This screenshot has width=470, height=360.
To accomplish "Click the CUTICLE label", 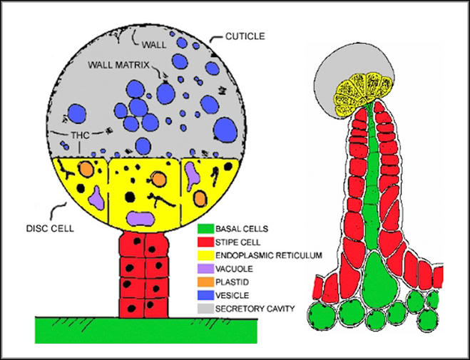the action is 245,36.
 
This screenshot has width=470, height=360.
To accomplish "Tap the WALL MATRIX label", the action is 118,65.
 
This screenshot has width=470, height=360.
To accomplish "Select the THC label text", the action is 80,135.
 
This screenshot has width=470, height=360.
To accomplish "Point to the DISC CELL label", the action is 50,229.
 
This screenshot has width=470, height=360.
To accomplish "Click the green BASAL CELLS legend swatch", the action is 205,229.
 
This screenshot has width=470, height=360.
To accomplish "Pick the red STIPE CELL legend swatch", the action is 205,242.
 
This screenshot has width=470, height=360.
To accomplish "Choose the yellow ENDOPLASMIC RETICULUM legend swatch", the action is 205,255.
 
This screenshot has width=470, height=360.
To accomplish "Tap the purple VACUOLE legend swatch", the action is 205,269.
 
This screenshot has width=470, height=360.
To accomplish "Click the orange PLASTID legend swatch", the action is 205,282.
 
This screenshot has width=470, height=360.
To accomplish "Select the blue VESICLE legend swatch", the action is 205,295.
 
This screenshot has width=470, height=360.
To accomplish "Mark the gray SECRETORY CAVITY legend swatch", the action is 205,309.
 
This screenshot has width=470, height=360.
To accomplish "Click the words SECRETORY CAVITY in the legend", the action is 255,309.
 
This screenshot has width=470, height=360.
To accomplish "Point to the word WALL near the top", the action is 154,45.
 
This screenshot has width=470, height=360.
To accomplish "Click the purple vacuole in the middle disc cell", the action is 141,219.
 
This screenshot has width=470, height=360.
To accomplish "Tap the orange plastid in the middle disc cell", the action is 158,179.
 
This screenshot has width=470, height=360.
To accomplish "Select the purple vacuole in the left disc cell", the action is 97,197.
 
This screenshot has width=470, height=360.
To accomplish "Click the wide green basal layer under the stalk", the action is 146,330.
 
